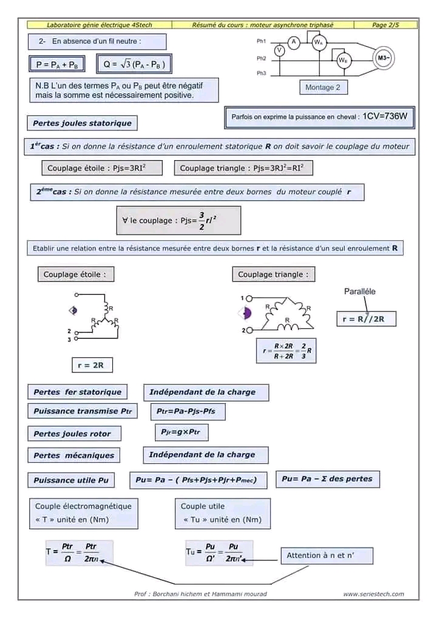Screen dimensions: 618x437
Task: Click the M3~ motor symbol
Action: tap(384, 58)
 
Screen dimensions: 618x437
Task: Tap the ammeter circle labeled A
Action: tap(294, 41)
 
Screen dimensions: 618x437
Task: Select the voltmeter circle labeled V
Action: tap(279, 51)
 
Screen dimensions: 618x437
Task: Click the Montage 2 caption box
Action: tap(322, 87)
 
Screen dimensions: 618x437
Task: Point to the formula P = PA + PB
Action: tap(57, 64)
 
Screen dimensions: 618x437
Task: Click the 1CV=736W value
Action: tap(385, 116)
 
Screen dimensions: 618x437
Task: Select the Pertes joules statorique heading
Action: tap(82, 123)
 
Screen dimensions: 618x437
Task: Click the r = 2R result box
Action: tap(91, 366)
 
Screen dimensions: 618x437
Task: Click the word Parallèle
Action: tap(359, 291)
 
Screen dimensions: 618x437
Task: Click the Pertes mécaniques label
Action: tap(73, 455)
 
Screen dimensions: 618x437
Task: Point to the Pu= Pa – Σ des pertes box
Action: tap(327, 479)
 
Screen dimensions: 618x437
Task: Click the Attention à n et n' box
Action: tap(327, 555)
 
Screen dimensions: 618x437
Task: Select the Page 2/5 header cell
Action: tap(386, 25)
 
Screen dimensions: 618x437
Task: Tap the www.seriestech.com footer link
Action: tap(373, 594)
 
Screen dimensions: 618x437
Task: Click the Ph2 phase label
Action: tap(262, 58)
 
